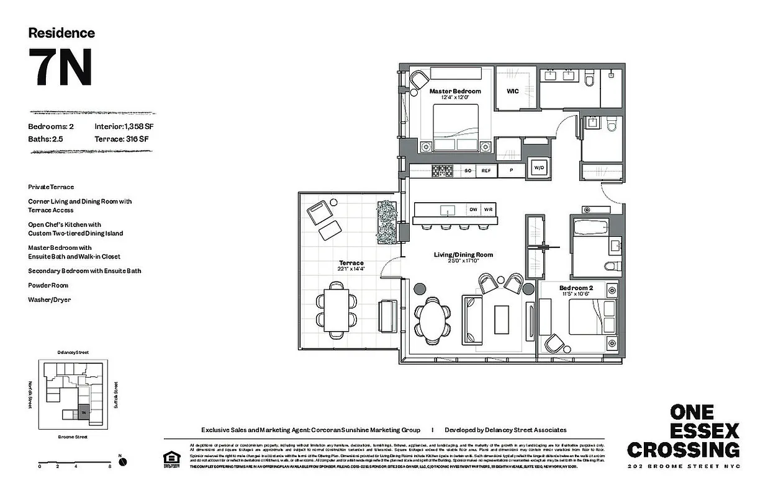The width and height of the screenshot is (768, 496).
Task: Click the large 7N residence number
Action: click(x=60, y=67)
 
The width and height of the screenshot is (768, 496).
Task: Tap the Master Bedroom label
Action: click(x=455, y=91)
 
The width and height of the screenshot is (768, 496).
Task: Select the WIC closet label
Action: click(x=512, y=91)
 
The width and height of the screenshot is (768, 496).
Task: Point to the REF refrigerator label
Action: click(x=486, y=170)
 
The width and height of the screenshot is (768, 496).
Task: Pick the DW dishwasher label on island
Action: click(x=473, y=210)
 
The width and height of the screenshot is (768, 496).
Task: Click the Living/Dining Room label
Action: click(x=463, y=255)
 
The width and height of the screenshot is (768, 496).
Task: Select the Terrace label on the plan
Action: click(x=351, y=263)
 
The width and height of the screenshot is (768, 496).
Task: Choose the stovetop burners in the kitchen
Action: click(x=443, y=170)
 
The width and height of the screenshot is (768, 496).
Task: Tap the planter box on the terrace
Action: click(x=386, y=222)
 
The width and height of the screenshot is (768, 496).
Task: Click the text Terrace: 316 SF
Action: click(x=121, y=139)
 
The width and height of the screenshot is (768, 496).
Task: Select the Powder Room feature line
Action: click(x=48, y=285)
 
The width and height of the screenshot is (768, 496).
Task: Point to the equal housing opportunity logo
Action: click(x=169, y=459)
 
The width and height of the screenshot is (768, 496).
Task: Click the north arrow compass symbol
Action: click(x=122, y=461)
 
